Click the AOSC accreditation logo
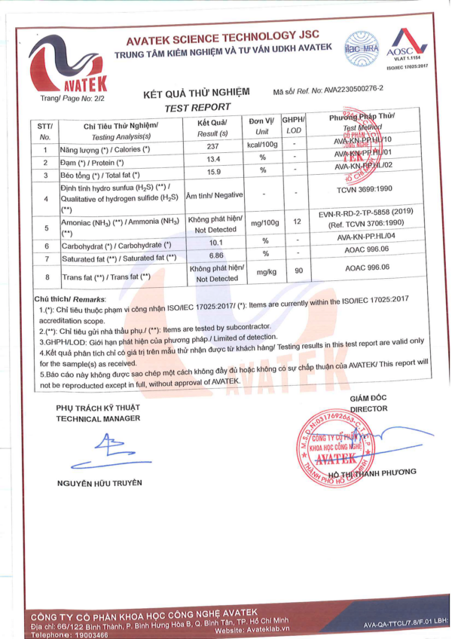406,45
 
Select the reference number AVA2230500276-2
353,89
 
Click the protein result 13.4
212,161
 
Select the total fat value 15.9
212,173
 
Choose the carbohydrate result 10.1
212,242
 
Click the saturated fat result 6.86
212,256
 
